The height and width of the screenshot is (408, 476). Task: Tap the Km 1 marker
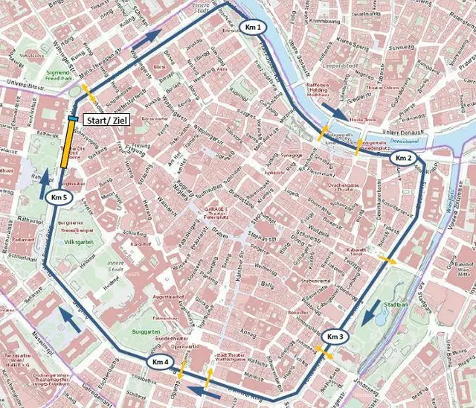coord(253,28)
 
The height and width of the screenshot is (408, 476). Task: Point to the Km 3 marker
coord(335,337)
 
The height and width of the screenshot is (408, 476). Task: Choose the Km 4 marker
coord(161,362)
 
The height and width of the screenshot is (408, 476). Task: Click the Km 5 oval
coord(59,198)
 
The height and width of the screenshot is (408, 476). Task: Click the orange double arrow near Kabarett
coord(387,259)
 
